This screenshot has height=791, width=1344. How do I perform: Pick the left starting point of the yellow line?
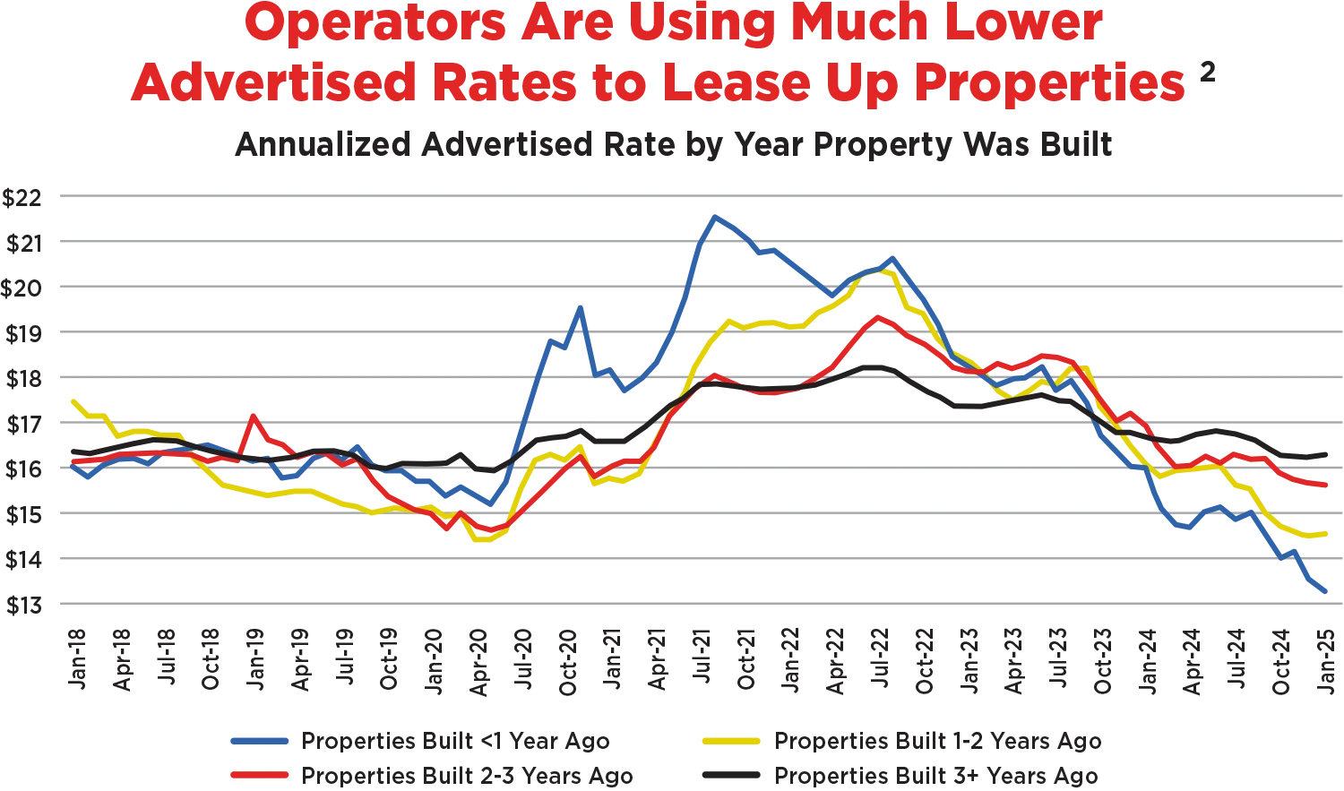pos(70,400)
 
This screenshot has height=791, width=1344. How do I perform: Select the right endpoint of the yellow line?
pos(1328,535)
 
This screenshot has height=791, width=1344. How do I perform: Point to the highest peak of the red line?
pos(878,316)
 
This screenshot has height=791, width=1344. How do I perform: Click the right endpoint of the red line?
pos(1328,486)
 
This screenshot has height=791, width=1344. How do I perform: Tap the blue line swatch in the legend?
pos(261,741)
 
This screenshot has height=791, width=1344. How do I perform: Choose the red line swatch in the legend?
pos(261,774)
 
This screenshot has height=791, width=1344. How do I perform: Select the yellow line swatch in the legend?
pos(729,741)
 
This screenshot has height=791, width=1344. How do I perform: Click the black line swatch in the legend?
pos(729,774)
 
